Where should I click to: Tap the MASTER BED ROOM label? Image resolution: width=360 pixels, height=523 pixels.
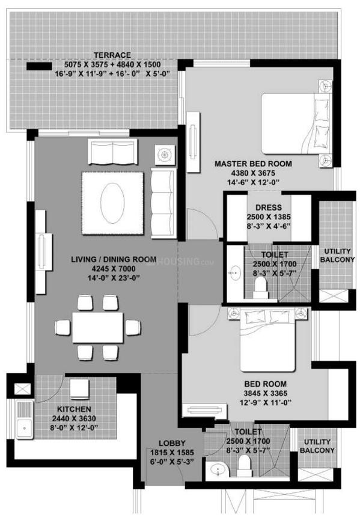(253, 164)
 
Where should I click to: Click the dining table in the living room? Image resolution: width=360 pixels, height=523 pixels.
(98, 327)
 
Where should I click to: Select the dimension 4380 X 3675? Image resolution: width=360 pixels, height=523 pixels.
(253, 173)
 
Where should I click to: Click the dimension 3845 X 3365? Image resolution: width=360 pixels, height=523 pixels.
(265, 393)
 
